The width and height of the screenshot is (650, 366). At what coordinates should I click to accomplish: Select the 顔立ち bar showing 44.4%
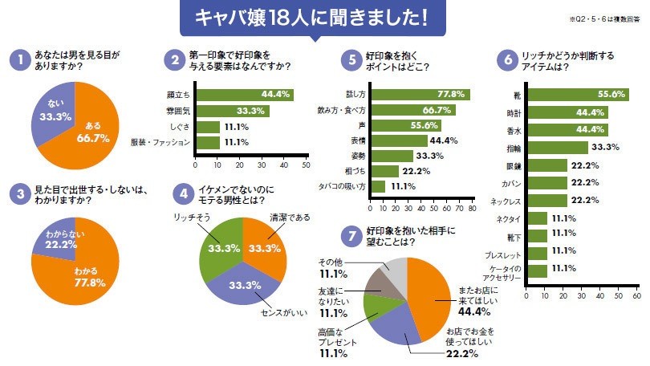click(245, 95)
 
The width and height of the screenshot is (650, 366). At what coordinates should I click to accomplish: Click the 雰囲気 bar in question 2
click(232, 111)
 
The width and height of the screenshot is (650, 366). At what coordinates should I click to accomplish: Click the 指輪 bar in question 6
click(556, 147)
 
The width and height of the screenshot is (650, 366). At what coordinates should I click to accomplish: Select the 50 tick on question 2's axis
click(306, 165)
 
